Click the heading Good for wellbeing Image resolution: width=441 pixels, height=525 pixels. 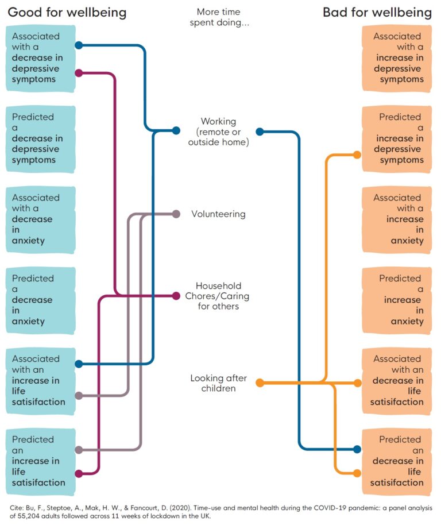(67, 12)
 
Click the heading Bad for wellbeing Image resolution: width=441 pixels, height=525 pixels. (377, 12)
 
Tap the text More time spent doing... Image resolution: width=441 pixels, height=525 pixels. (218, 17)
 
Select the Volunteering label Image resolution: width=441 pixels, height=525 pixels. (218, 214)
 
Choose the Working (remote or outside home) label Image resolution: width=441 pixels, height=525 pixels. (218, 132)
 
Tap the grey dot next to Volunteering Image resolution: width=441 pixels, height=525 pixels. (176, 214)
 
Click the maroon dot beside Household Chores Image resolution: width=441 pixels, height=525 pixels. (176, 296)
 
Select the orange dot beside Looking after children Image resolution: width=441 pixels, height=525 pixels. (260, 383)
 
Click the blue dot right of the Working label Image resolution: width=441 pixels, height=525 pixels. (260, 132)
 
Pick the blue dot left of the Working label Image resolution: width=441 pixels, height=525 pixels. (176, 131)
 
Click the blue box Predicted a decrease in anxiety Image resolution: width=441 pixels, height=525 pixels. (41, 300)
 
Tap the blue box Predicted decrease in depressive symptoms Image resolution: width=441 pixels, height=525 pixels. (41, 138)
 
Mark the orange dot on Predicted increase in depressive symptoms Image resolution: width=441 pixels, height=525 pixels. (357, 155)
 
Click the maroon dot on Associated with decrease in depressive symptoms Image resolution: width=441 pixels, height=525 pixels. (79, 73)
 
